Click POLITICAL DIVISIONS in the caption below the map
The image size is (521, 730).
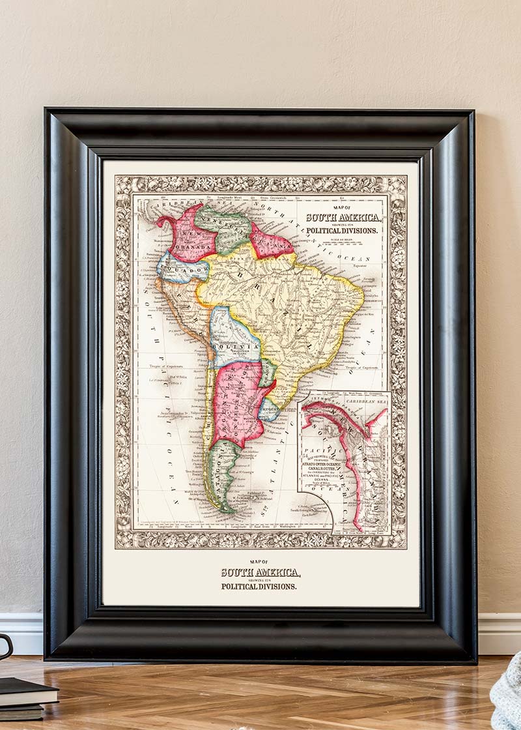tap(259, 586)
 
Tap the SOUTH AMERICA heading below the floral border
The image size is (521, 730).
tap(260, 572)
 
